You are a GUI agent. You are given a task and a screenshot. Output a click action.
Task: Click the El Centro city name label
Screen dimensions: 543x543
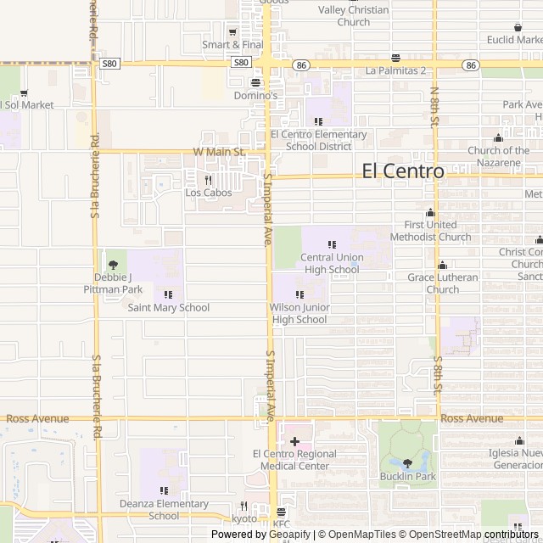(x=402, y=171)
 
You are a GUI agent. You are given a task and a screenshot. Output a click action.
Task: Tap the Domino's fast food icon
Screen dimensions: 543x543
(x=256, y=82)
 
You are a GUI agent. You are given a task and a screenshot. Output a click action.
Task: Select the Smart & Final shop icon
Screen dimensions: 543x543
(x=232, y=31)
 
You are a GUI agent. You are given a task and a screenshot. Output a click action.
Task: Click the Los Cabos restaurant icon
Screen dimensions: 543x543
(x=208, y=180)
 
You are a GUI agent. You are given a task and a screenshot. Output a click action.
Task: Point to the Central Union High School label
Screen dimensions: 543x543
(x=331, y=263)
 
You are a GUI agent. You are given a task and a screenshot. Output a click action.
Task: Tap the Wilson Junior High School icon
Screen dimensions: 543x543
(x=299, y=294)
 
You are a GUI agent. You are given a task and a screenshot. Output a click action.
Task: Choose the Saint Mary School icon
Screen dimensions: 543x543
(x=168, y=294)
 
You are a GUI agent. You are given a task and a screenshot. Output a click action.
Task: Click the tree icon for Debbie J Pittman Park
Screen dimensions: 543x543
(x=113, y=265)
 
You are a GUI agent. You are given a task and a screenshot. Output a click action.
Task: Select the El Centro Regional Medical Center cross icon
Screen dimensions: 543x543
(x=294, y=441)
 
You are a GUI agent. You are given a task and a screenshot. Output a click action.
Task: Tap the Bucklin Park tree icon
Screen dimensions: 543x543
(x=407, y=463)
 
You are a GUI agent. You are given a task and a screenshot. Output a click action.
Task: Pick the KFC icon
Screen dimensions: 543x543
(x=282, y=512)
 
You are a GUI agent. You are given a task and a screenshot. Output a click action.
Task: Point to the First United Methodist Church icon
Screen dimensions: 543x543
(x=430, y=213)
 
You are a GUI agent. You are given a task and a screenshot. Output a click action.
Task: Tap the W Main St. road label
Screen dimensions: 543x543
(x=219, y=152)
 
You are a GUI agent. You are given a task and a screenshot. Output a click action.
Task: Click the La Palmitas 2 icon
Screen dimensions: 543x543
(x=395, y=58)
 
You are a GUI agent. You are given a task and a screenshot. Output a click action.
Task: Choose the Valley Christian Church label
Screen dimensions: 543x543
(x=353, y=16)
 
